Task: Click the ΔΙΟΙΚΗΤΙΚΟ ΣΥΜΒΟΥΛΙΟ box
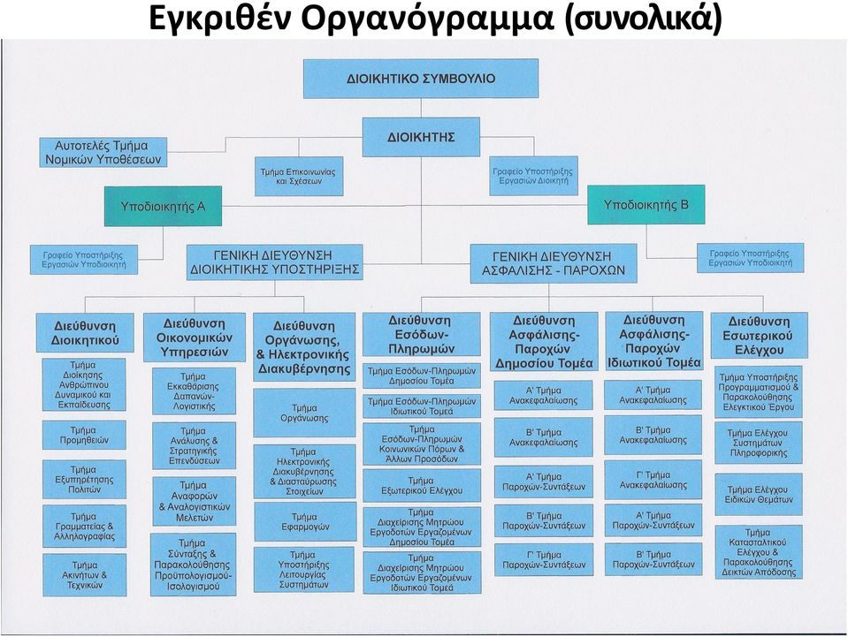click(421, 79)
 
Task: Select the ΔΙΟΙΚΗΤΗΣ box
click(421, 137)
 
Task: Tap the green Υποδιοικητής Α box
click(163, 206)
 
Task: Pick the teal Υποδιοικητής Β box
click(646, 205)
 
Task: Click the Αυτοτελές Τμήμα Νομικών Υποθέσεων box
click(103, 152)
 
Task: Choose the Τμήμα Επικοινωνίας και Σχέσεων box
click(299, 176)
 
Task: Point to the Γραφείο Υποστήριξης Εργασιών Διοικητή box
click(533, 176)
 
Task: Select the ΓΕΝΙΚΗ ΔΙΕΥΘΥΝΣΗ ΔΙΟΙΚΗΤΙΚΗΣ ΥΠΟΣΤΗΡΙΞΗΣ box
click(275, 262)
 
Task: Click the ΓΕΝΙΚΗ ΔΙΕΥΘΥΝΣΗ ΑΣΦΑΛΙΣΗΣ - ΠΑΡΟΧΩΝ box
click(554, 263)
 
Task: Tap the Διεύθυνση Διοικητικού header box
click(85, 333)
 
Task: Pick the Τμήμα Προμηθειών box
click(84, 435)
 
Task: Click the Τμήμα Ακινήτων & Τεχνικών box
click(84, 575)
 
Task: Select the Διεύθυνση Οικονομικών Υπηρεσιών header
click(195, 337)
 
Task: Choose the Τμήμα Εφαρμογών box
click(305, 522)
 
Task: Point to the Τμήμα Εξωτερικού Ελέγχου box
click(421, 486)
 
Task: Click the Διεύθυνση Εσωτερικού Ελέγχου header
click(760, 336)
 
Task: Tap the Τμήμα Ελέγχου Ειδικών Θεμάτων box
click(758, 495)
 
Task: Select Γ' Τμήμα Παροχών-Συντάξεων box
click(544, 560)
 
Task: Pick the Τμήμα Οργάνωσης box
click(304, 413)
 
